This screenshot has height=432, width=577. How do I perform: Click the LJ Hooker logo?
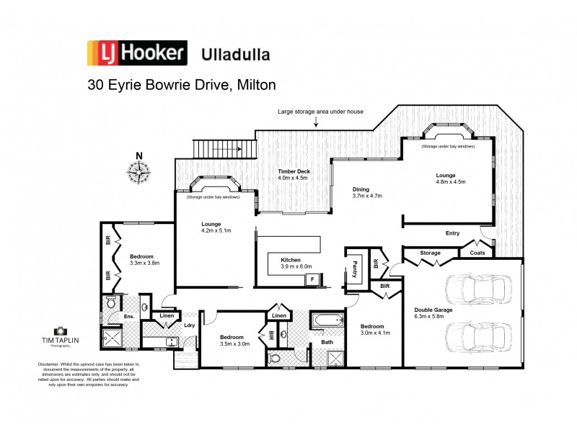coord(136,53)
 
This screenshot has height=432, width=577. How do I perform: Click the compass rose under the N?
coord(138,171)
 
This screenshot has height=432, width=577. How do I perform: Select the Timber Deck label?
coord(293,171)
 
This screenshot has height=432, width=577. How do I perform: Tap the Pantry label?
coord(356,269)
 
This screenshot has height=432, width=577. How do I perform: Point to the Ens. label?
coord(130,316)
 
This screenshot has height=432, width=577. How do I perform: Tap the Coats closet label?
coord(477,253)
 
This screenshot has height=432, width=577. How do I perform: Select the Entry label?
coord(452,233)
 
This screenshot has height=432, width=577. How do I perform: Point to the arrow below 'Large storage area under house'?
coord(315,123)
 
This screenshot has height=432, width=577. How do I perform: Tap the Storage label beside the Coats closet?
coord(431,253)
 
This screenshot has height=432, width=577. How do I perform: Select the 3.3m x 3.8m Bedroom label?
coord(144,259)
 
